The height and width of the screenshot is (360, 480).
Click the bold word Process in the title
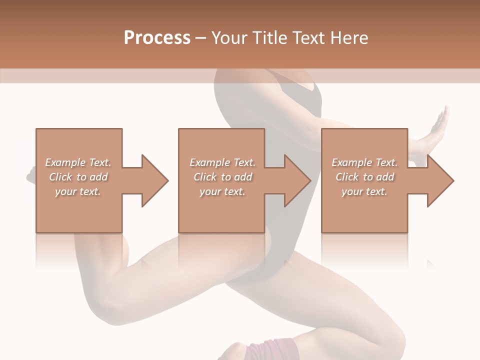coord(157,38)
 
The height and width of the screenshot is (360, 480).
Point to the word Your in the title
coord(230,38)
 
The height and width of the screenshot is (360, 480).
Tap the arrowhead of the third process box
coord(439,180)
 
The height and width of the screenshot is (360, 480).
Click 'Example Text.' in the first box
coord(78,162)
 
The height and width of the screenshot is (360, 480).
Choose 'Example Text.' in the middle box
coord(222,162)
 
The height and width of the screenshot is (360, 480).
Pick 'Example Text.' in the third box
coord(364,162)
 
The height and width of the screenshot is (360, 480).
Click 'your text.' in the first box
coord(78,191)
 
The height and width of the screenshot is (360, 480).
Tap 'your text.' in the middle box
coord(222,191)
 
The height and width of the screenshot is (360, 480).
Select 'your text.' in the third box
coord(364,191)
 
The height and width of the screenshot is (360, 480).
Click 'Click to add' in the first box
coord(78,177)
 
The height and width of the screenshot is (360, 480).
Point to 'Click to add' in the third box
coord(364,177)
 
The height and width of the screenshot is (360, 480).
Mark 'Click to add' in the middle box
coord(222,177)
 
